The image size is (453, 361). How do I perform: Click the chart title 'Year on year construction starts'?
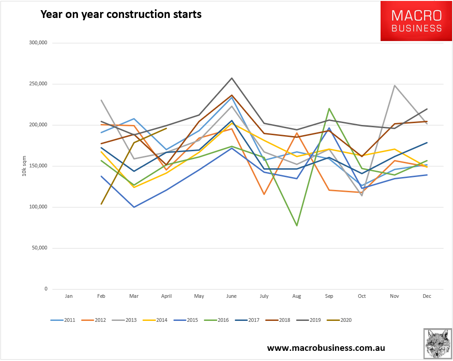[x=121, y=14]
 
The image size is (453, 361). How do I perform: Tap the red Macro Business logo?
[x=416, y=21]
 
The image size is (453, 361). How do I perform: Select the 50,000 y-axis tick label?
[x=39, y=248]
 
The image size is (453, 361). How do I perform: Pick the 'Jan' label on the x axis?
[x=69, y=296]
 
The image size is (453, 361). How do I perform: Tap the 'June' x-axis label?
[x=232, y=296]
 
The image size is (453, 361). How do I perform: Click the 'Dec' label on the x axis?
[x=427, y=296]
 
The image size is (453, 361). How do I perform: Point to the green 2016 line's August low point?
[x=297, y=225]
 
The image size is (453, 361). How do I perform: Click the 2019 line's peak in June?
[x=232, y=78]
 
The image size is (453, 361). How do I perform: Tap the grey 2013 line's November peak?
[x=394, y=85]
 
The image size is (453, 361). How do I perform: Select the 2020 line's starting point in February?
[x=101, y=204]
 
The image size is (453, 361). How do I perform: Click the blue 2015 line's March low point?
[x=134, y=207]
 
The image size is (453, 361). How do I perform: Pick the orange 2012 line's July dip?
[x=264, y=194]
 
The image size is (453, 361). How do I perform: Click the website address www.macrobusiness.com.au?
[x=326, y=348]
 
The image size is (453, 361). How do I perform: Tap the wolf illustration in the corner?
[x=437, y=344]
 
